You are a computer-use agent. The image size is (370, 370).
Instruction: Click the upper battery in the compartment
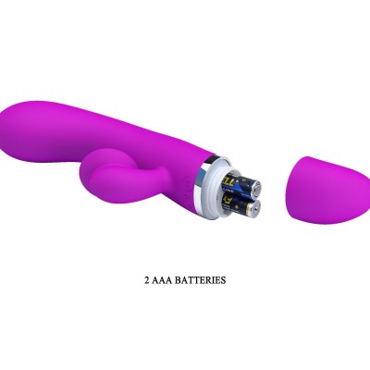(x=241, y=185)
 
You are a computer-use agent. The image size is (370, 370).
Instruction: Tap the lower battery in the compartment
(x=242, y=206)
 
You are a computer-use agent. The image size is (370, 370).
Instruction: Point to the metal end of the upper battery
(x=255, y=189)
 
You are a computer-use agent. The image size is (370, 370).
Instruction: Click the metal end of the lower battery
(x=255, y=209)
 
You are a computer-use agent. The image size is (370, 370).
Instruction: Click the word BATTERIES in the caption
(x=200, y=280)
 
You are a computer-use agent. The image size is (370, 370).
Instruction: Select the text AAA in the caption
(x=162, y=280)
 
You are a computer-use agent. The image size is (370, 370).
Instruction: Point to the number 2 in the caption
(x=147, y=280)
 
